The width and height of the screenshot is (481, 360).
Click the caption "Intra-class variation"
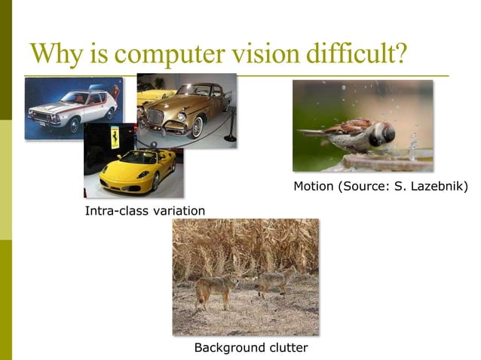click(x=145, y=210)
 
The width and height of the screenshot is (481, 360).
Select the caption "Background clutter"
click(x=251, y=347)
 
